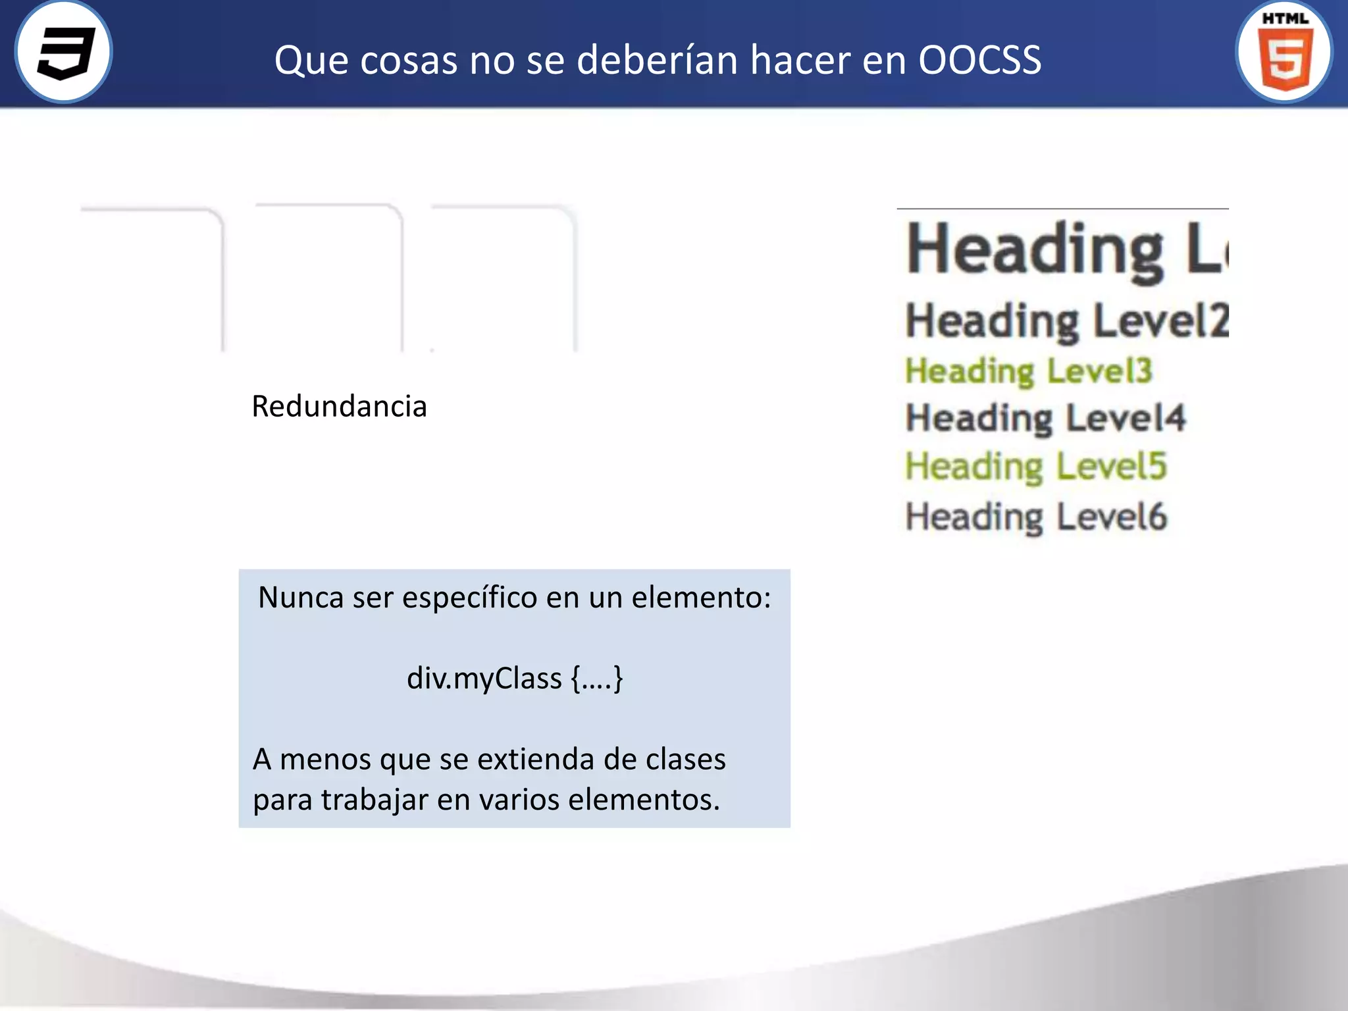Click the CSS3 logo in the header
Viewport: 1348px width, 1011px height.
click(x=64, y=52)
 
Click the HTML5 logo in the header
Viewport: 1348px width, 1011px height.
click(x=1284, y=52)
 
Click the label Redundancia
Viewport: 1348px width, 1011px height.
click(x=339, y=406)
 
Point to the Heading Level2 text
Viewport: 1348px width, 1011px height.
click(x=1066, y=321)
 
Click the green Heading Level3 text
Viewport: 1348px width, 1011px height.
click(x=1028, y=371)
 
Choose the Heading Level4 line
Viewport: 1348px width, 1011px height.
click(x=1045, y=418)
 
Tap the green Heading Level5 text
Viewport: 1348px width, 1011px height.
click(x=1036, y=466)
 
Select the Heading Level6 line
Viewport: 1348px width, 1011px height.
click(x=1036, y=517)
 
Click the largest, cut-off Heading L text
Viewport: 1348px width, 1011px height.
click(x=1066, y=250)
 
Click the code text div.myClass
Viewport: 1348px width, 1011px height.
click(x=484, y=678)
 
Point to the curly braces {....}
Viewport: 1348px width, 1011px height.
click(x=597, y=678)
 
